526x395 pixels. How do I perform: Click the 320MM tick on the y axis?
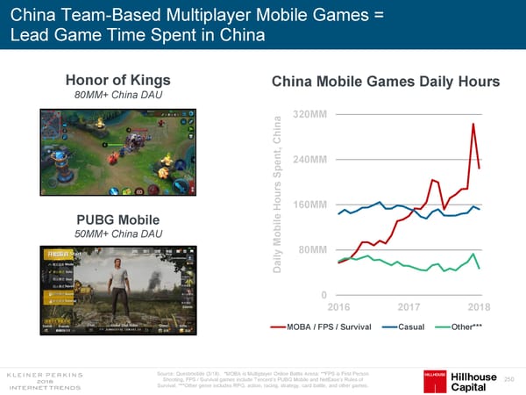coord(311,115)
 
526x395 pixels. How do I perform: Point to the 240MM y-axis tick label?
coord(311,160)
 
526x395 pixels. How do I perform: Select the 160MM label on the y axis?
coord(311,205)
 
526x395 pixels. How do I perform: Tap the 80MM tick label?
coord(314,250)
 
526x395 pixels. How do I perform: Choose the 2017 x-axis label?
coord(410,306)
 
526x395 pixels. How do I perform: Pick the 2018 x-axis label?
coord(479,306)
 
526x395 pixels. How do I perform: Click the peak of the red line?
coord(473,124)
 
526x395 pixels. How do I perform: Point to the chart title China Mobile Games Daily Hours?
coord(386,82)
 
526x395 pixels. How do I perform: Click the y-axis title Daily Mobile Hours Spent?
coord(278,192)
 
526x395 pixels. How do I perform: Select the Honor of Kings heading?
coord(110,78)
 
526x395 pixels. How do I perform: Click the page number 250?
coord(509,377)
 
